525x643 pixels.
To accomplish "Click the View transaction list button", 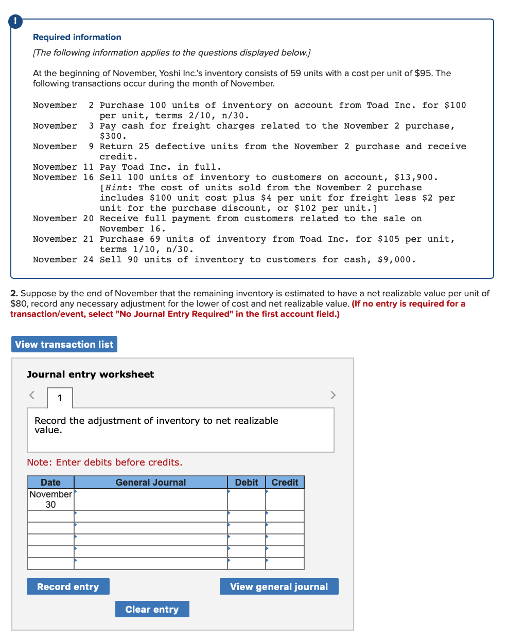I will [64, 344].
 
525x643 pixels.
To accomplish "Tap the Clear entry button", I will [152, 609].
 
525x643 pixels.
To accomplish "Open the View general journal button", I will [279, 586].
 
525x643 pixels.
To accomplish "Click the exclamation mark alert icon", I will [15, 21].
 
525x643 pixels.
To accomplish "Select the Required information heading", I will [77, 37].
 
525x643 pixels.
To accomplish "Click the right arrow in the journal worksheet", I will [333, 395].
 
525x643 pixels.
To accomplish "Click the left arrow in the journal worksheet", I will [32, 395].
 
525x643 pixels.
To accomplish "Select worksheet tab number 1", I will [60, 398].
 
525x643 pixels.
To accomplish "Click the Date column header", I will [50, 483].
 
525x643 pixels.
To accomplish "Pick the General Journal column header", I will [151, 483].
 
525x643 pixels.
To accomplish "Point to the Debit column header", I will [247, 483].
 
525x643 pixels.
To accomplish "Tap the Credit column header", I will [285, 483].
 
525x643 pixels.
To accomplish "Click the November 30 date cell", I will [50, 499].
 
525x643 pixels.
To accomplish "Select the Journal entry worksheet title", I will [90, 374].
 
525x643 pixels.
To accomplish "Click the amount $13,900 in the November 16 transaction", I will [416, 177].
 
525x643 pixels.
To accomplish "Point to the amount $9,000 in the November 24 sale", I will [396, 260].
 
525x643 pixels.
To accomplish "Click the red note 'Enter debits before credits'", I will [104, 462].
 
